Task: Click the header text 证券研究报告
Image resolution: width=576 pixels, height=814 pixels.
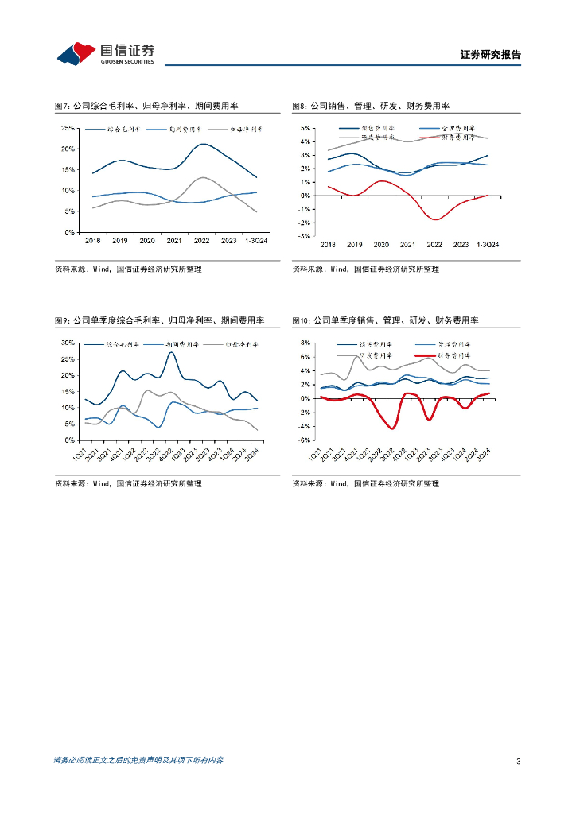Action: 490,55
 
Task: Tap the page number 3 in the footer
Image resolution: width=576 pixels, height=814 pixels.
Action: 518,762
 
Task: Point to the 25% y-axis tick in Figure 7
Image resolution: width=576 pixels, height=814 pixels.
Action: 69,128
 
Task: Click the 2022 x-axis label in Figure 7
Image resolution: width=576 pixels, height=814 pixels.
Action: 202,240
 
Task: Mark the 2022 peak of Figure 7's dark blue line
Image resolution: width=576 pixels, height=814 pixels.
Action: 204,144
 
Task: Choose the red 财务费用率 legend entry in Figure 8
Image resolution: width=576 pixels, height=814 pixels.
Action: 443,137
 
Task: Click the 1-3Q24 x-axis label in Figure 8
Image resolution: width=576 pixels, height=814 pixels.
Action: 487,245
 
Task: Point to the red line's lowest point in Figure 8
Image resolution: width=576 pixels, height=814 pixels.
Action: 435,219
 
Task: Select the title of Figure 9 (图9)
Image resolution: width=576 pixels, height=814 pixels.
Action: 159,320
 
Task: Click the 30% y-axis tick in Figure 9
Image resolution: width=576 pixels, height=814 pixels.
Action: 69,343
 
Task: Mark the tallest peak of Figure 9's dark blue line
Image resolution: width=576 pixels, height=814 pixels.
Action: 171,353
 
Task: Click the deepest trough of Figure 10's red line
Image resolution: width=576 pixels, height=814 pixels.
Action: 393,428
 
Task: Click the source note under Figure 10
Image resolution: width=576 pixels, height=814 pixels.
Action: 365,483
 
